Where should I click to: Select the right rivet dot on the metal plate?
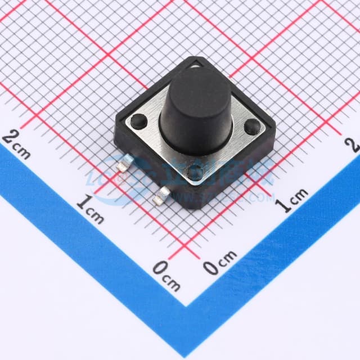pyautogui.click(x=251, y=127)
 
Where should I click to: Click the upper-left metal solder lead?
pyautogui.click(x=123, y=166)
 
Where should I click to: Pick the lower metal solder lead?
pyautogui.click(x=163, y=195)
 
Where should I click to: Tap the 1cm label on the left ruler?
pyautogui.click(x=90, y=209)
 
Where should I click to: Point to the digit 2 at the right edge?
pyautogui.click(x=354, y=145)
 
